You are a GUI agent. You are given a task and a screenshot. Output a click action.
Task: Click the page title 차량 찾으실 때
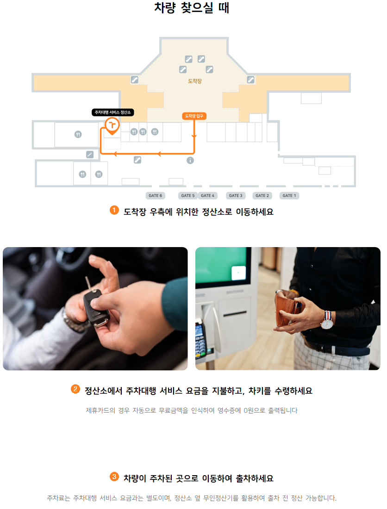pyautogui.click(x=192, y=8)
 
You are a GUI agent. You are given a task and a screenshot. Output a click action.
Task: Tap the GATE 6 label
pyautogui.click(x=155, y=196)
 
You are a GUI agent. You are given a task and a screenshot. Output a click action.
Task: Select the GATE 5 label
pyautogui.click(x=188, y=196)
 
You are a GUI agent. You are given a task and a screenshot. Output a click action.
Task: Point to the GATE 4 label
pyautogui.click(x=207, y=196)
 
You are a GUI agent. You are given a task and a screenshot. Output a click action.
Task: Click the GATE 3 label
pyautogui.click(x=236, y=196)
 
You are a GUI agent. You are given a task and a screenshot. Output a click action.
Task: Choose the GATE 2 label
pyautogui.click(x=262, y=196)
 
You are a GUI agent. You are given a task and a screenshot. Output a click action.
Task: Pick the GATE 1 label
pyautogui.click(x=290, y=196)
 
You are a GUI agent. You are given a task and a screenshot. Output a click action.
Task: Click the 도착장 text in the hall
pyautogui.click(x=194, y=81)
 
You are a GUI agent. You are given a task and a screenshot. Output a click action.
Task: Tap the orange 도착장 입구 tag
pyautogui.click(x=194, y=116)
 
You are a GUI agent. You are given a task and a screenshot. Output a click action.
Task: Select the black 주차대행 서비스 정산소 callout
pyautogui.click(x=113, y=112)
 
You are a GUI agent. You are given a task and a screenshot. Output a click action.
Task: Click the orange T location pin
pyautogui.click(x=112, y=125)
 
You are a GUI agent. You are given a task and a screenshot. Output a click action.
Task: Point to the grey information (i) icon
pyautogui.click(x=190, y=160)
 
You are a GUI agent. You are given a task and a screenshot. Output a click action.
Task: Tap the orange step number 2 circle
pyautogui.click(x=75, y=389)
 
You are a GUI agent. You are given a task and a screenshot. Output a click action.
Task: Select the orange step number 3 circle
pyautogui.click(x=114, y=476)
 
